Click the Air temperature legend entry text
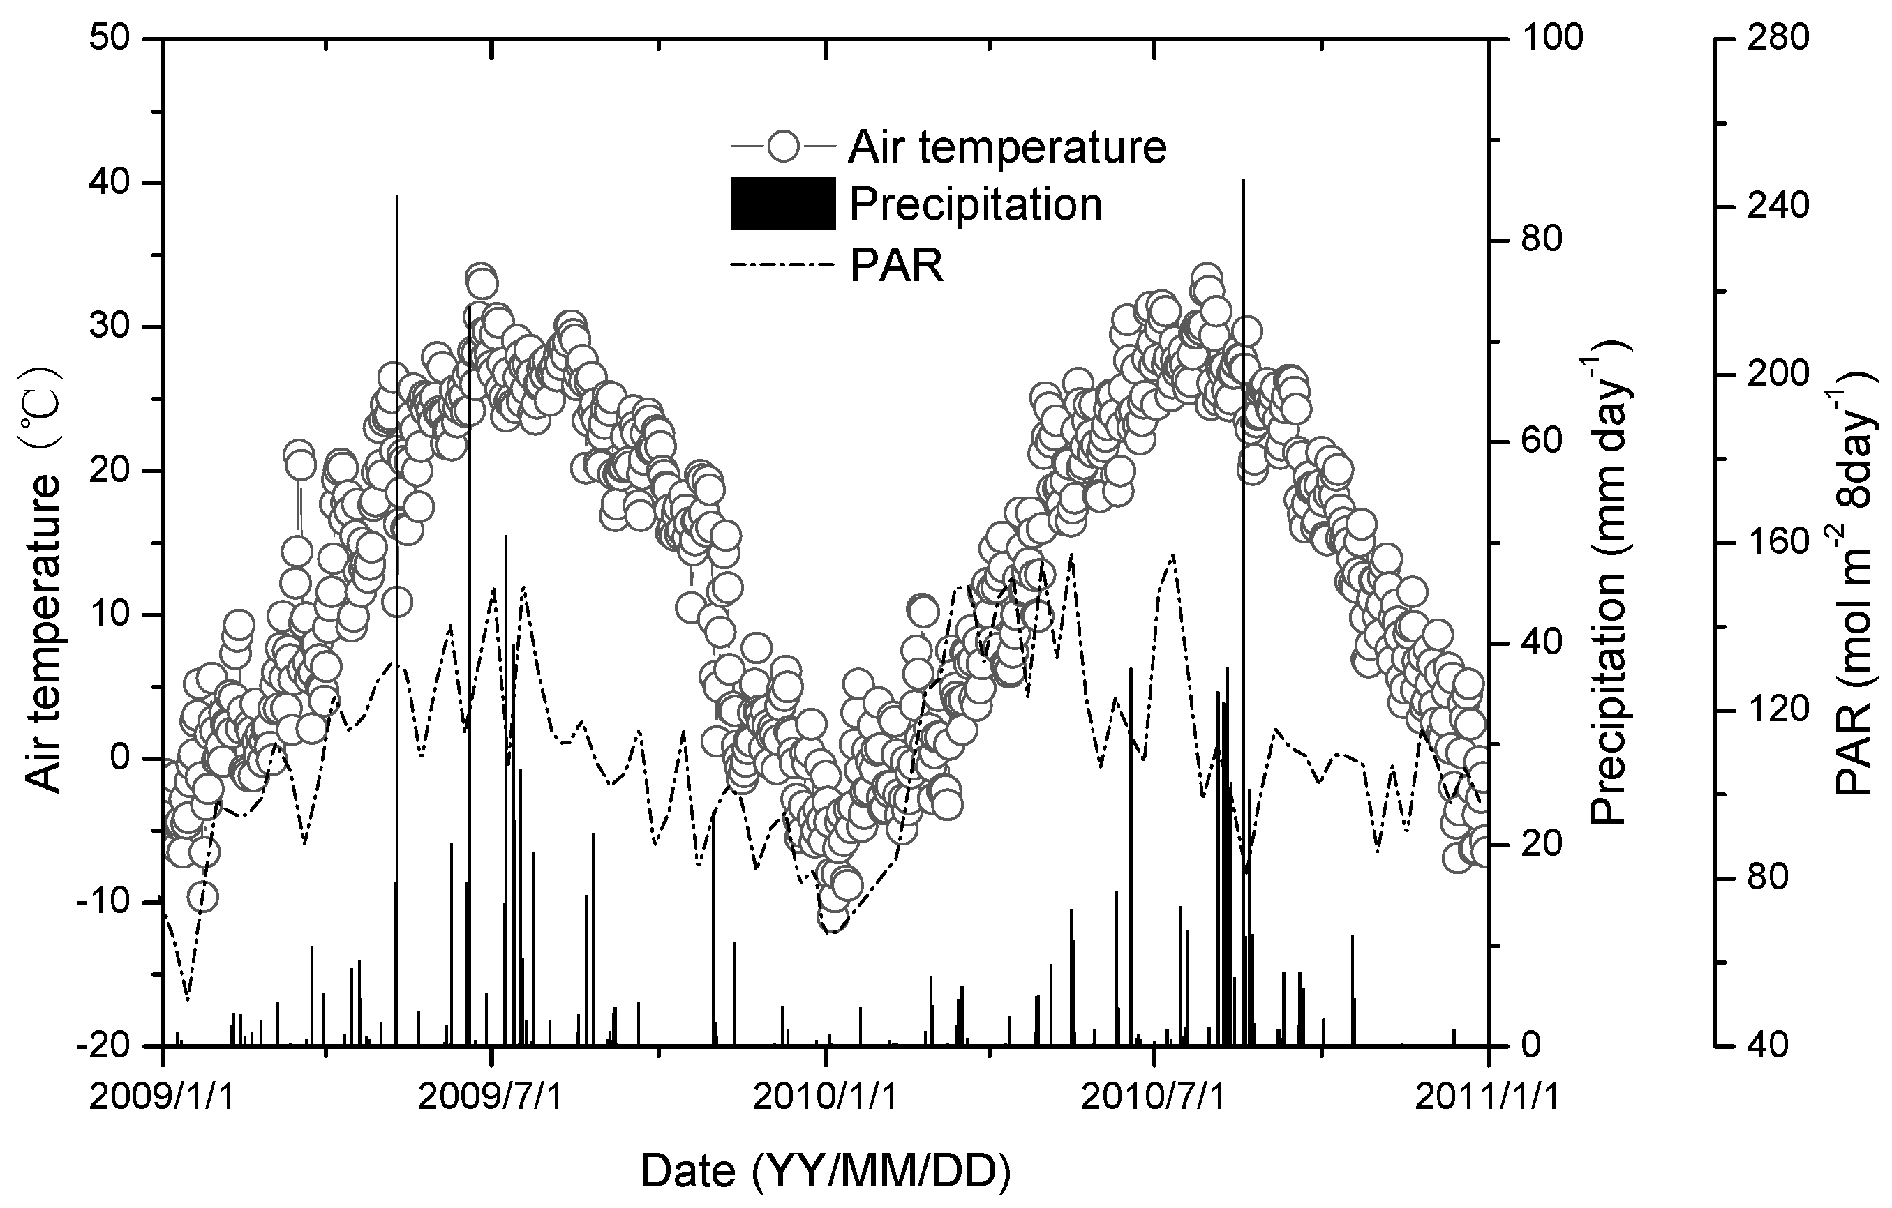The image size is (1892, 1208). pyautogui.click(x=1006, y=147)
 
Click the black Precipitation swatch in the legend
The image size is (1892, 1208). pyautogui.click(x=782, y=204)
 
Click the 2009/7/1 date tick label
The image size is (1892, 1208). pyautogui.click(x=491, y=1098)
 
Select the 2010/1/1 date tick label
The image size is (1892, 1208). pyautogui.click(x=824, y=1098)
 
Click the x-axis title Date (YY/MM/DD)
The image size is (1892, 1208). pyautogui.click(x=825, y=1172)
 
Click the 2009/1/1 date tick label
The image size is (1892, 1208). pyautogui.click(x=162, y=1098)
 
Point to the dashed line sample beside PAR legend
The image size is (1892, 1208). pyautogui.click(x=782, y=266)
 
